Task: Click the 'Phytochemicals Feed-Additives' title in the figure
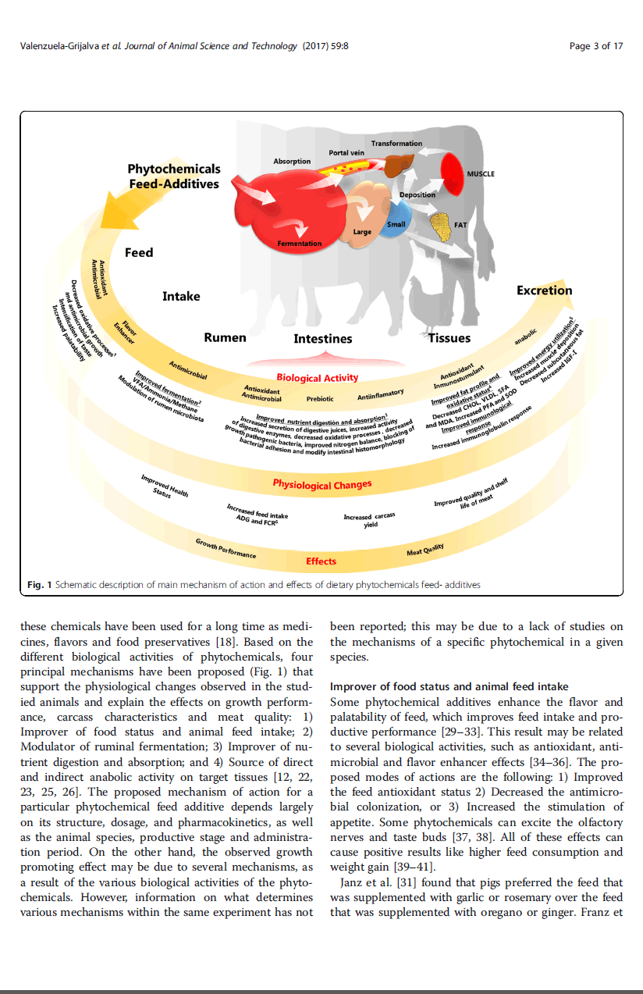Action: (x=174, y=176)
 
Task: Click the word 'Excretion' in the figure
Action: (x=544, y=290)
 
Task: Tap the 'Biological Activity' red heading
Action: (x=317, y=378)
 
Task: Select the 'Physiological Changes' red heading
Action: (x=321, y=484)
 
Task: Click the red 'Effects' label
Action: (x=321, y=561)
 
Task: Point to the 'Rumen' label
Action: (x=225, y=337)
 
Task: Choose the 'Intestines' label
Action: (x=322, y=339)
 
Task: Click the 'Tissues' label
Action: (x=449, y=338)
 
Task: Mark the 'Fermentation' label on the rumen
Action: (x=299, y=244)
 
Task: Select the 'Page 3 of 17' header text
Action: (x=596, y=46)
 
